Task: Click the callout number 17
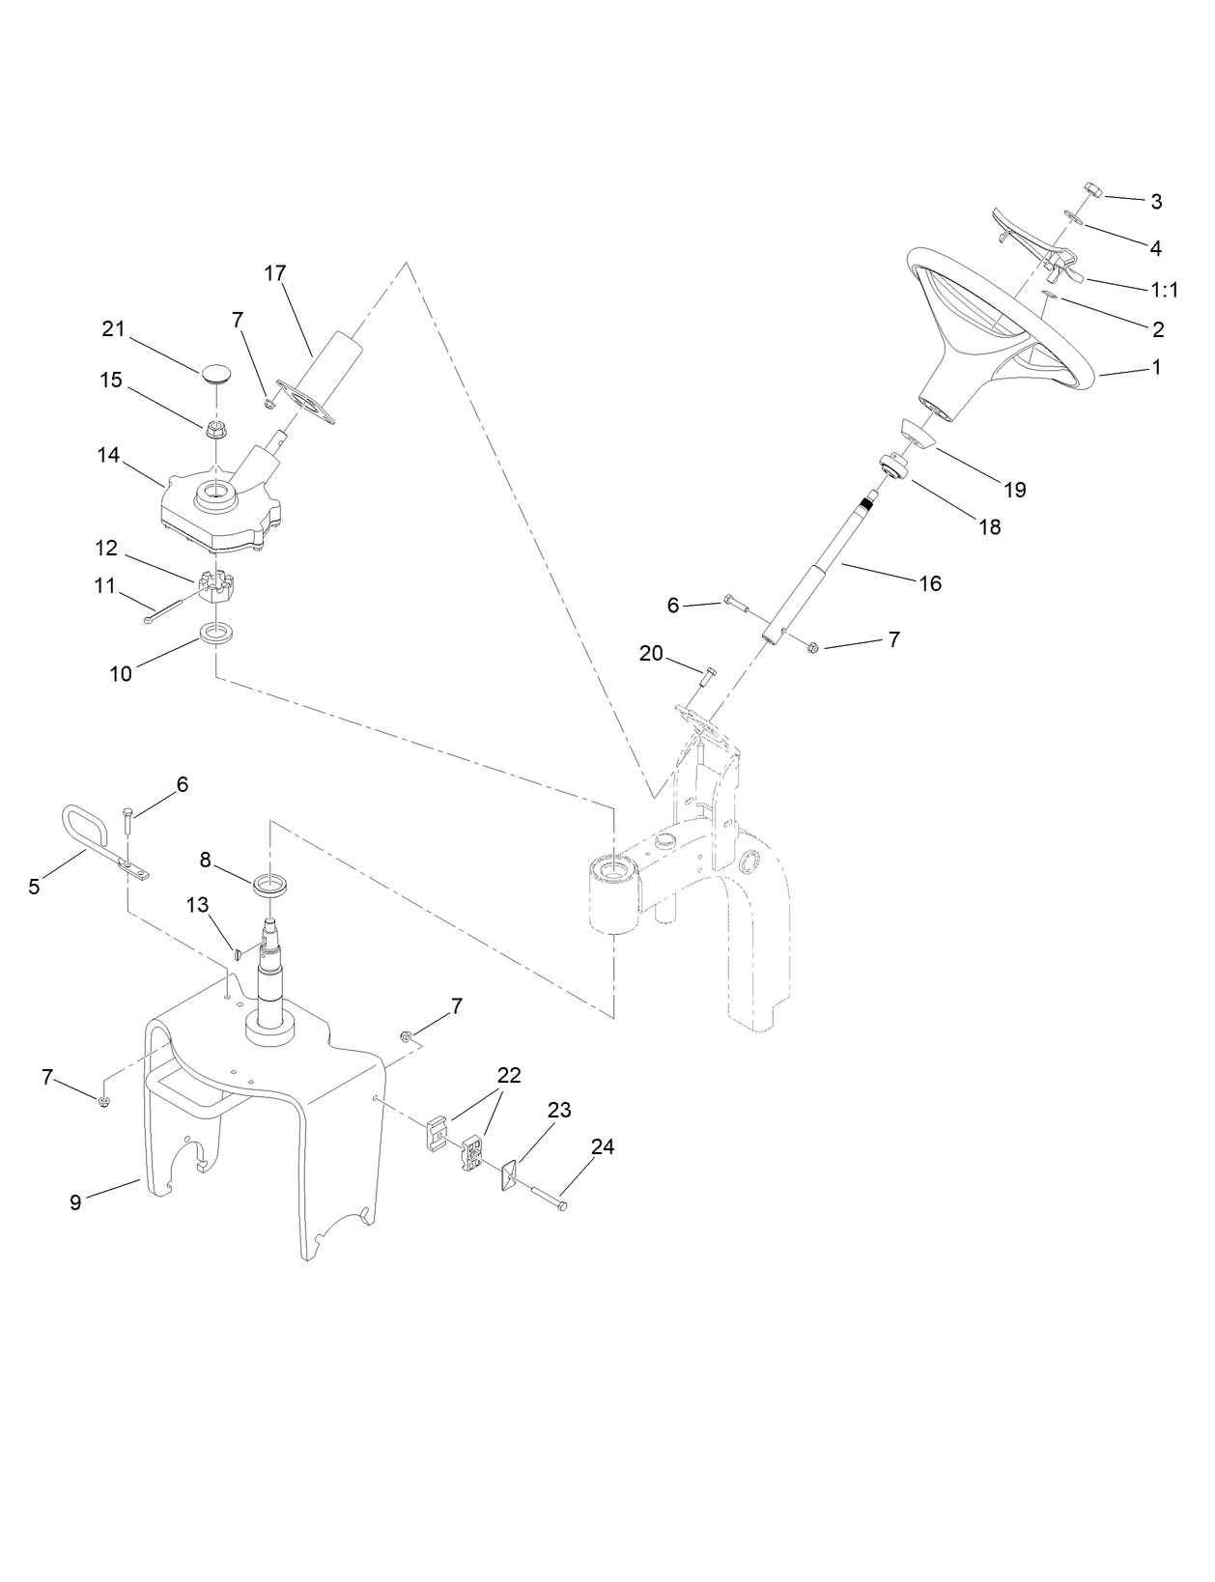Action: coord(275,273)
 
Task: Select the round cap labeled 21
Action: coord(216,373)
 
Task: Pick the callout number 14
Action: coord(109,454)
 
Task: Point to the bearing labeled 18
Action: coord(894,467)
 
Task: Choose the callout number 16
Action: coord(929,583)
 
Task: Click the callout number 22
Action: coord(509,1075)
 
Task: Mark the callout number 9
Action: coord(75,1201)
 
